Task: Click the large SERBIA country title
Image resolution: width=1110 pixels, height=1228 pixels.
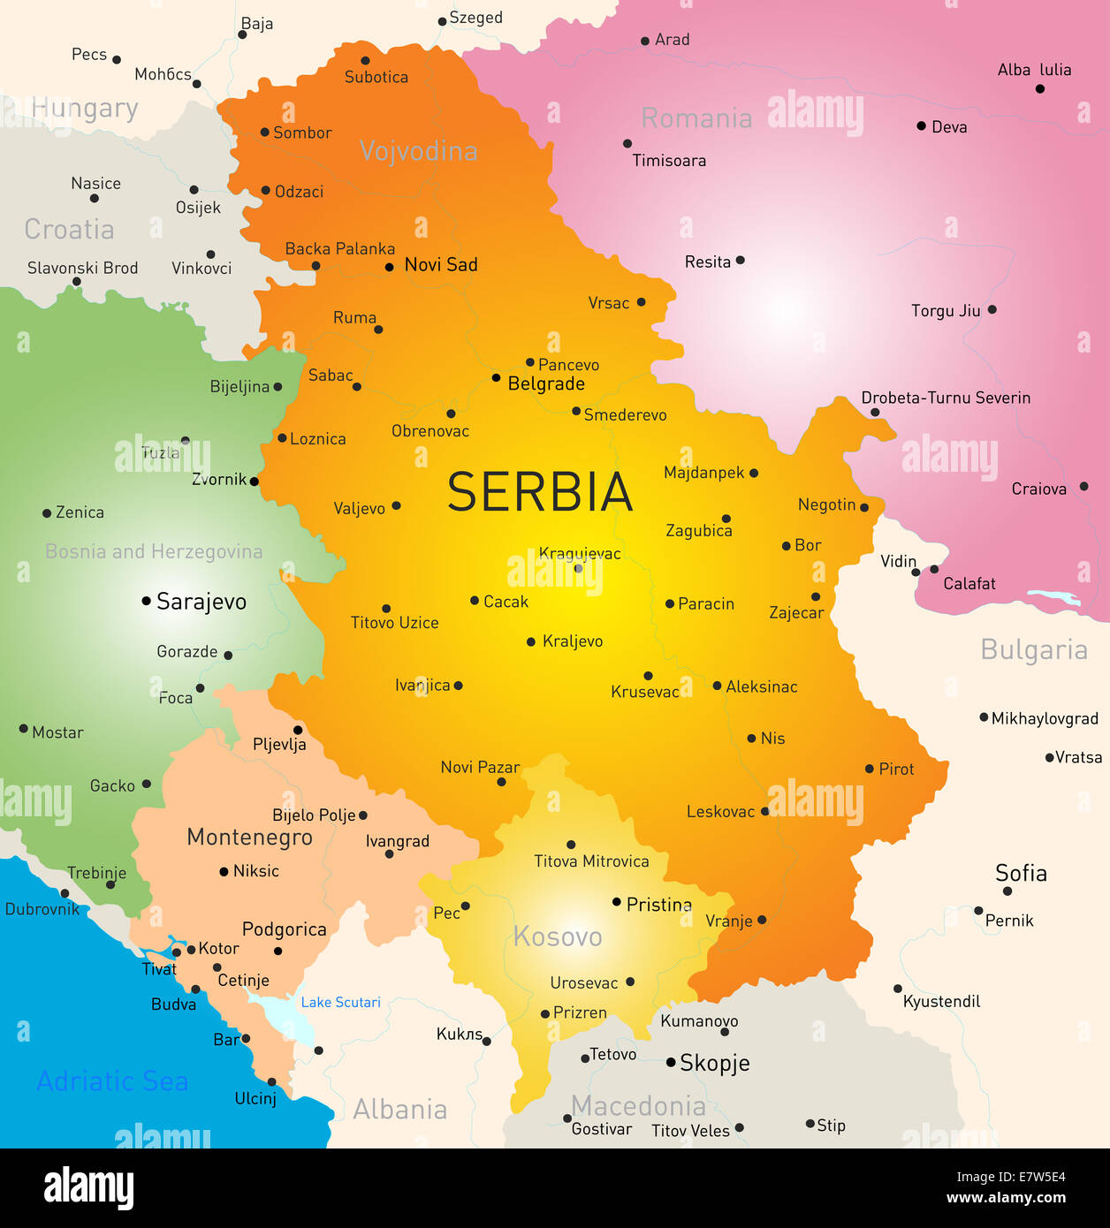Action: pos(540,492)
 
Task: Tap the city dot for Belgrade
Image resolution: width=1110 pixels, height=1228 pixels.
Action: pos(496,378)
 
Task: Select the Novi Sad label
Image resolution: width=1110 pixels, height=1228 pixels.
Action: pos(440,265)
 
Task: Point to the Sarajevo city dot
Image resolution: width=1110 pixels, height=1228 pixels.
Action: pos(147,601)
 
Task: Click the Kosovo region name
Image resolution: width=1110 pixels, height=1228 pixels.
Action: pos(558,936)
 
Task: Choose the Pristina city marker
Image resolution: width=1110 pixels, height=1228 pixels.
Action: pos(617,902)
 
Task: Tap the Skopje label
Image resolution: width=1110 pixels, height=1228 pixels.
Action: pos(714,1063)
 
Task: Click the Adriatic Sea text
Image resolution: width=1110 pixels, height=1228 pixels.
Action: pos(112,1081)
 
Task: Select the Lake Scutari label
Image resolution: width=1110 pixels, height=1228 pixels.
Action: pos(340,1002)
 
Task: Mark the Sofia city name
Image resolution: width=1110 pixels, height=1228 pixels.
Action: pos(1021,873)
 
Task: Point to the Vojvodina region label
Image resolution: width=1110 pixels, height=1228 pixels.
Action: pos(418,151)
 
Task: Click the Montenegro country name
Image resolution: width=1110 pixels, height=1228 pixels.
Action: pos(249,837)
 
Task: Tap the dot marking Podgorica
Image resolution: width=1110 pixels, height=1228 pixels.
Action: pos(277,951)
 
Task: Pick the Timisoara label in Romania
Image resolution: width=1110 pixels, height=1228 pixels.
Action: pos(669,161)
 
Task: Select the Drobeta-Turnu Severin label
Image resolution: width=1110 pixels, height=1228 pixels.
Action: pos(946,398)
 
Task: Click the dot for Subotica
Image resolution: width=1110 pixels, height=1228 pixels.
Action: pos(365,61)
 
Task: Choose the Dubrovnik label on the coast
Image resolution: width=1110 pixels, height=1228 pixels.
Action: pos(42,909)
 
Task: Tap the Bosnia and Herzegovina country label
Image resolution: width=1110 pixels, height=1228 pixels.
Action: pos(154,552)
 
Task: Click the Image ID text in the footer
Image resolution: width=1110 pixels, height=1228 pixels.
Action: pos(1011,1177)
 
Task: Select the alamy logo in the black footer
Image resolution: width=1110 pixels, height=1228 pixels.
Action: pos(88,1186)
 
